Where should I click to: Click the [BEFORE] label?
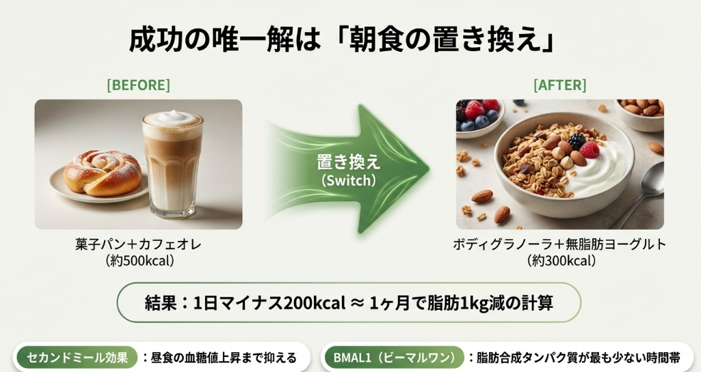[138, 85]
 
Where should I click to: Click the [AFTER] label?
[559, 85]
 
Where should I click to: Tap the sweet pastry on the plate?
[103, 173]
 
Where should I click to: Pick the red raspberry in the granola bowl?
[589, 149]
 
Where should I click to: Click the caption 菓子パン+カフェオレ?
[138, 244]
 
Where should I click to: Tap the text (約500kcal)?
[138, 260]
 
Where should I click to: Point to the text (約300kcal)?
[559, 260]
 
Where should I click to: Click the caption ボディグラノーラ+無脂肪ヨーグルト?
[559, 244]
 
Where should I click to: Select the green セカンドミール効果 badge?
[76, 358]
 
